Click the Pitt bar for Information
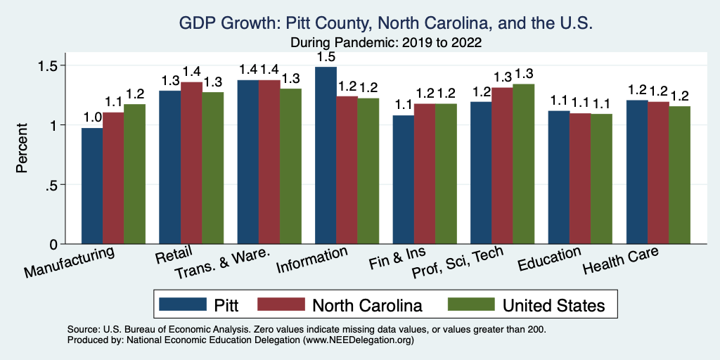click(x=326, y=155)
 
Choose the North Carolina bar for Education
click(x=580, y=179)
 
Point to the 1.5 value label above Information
click(x=326, y=56)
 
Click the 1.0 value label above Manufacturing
click(x=93, y=116)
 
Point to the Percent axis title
click(x=22, y=148)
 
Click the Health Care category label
click(x=621, y=262)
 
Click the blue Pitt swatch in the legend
click(x=181, y=304)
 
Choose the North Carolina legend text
click(x=367, y=305)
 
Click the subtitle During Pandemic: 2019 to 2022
click(x=386, y=42)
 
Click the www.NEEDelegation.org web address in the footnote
click(x=358, y=340)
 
